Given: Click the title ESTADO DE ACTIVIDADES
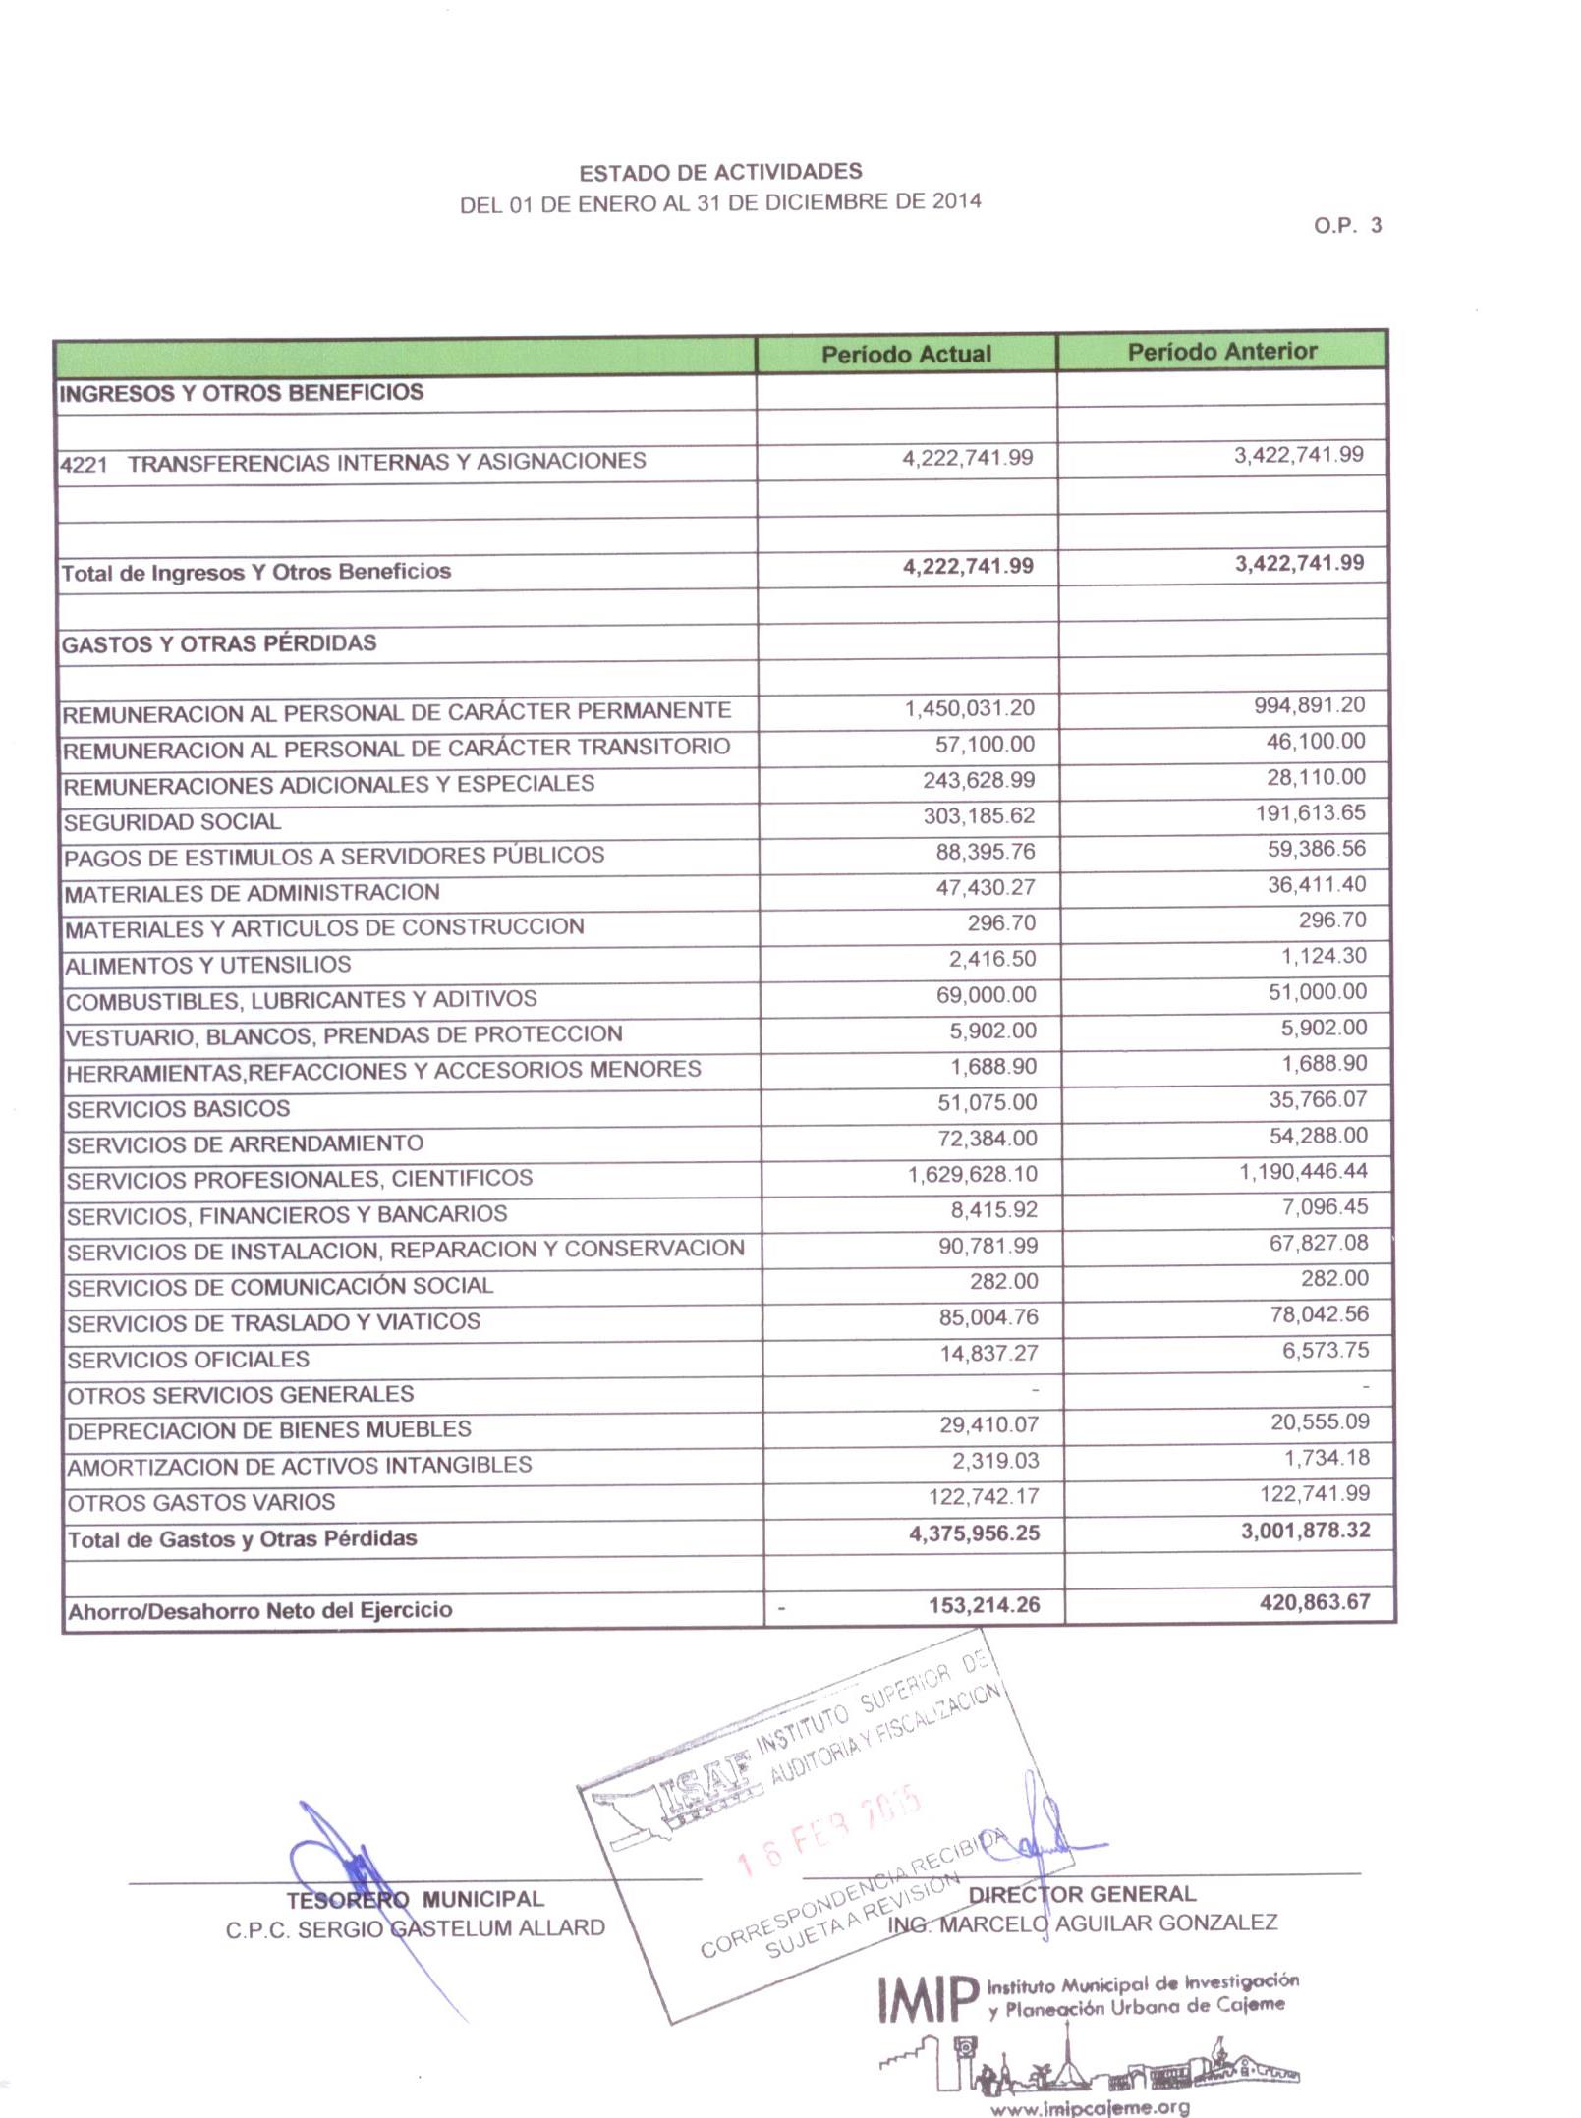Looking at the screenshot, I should coord(720,173).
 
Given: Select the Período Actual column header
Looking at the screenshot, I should coord(906,354).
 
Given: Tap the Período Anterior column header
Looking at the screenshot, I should coord(1221,351).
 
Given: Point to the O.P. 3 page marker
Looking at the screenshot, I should coord(1347,225).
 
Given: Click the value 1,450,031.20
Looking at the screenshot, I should coord(969,708).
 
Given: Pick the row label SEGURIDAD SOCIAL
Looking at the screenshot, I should coord(173,821).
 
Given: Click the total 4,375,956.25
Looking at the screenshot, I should coord(974,1533).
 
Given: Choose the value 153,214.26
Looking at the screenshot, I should coord(984,1605).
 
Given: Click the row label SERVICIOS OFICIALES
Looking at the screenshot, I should coord(188,1360).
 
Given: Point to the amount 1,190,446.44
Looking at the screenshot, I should coord(1303,1171).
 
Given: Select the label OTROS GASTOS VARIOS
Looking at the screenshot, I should coord(201,1502).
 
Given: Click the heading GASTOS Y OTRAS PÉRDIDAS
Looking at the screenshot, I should coord(219,643).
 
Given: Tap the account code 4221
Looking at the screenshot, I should coord(84,464).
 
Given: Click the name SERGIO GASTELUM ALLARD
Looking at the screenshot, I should coord(451,1928).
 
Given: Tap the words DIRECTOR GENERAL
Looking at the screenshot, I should coord(1082,1894).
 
